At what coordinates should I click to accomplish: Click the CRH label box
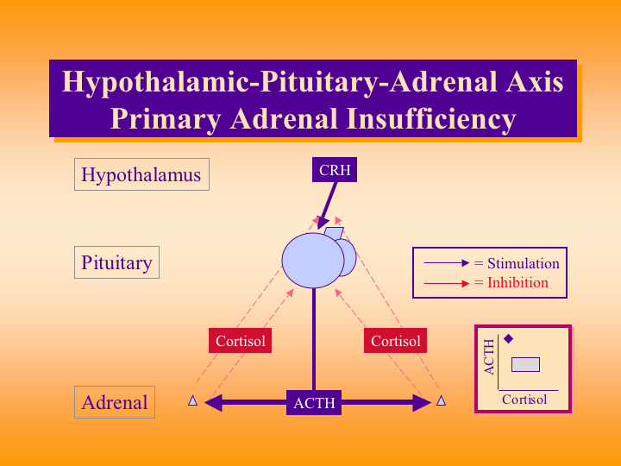coord(335,170)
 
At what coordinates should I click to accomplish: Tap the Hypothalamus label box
coord(141,175)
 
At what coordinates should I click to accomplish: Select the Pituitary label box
coord(116,263)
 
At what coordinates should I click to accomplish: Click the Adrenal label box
coord(115,402)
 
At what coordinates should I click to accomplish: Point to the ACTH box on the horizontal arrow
coord(314,402)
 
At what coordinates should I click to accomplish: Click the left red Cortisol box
coord(240,341)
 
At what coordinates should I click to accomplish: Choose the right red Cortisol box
coord(395,341)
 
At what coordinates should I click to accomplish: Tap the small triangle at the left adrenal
coord(193,400)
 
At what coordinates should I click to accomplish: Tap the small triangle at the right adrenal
coord(441,400)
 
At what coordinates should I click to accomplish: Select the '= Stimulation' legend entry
coord(517,263)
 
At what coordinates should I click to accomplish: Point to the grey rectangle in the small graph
coord(525,364)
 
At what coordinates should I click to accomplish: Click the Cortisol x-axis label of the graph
coord(524,400)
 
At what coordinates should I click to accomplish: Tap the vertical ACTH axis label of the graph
coord(490,356)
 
